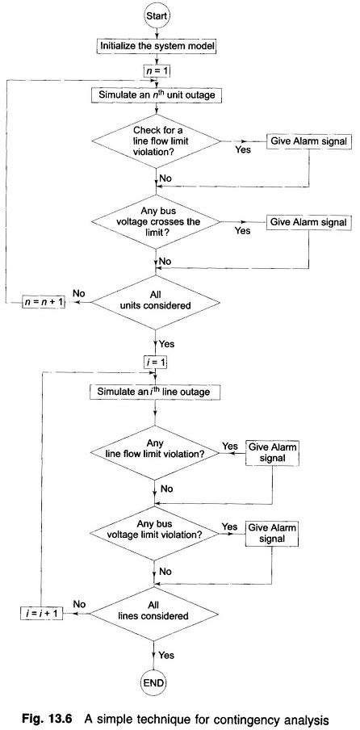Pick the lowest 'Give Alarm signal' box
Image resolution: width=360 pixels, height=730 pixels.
272,534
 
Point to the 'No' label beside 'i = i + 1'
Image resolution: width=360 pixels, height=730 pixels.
80,602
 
